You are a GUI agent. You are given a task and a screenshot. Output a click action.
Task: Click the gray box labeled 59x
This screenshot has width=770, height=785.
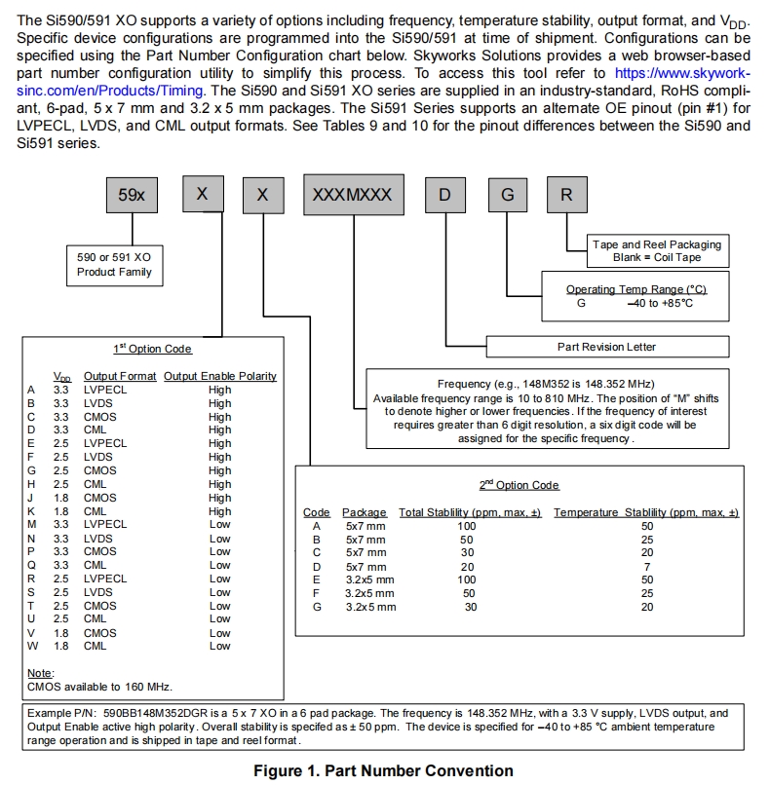click(132, 195)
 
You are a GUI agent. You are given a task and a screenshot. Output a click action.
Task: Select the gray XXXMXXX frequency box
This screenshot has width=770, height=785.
click(352, 195)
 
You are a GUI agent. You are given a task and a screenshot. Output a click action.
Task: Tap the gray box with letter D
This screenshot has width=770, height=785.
click(444, 195)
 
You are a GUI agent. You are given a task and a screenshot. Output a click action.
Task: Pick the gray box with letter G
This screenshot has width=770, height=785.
click(507, 195)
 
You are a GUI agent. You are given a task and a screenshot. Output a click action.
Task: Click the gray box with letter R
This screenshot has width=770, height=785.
click(566, 195)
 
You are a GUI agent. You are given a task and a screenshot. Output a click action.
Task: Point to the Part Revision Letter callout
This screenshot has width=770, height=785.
click(606, 346)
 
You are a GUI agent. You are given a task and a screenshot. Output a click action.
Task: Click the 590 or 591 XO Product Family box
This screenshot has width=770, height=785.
click(114, 264)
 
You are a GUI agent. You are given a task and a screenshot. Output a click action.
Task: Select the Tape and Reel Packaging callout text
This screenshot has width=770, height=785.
click(657, 244)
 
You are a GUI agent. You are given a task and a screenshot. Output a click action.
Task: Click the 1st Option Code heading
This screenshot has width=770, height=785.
click(152, 349)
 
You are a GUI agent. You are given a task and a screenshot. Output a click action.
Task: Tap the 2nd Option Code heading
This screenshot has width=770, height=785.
click(519, 485)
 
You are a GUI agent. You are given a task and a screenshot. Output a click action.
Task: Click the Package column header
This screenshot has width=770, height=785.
click(366, 512)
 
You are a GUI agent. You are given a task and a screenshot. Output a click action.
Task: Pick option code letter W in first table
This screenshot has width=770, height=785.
click(32, 646)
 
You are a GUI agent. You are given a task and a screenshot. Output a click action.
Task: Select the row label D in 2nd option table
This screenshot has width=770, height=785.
click(316, 567)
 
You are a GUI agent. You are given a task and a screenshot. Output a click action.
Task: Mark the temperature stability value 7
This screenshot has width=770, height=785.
click(646, 567)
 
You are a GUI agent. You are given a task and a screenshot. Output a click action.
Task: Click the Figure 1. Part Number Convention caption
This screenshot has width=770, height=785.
click(383, 771)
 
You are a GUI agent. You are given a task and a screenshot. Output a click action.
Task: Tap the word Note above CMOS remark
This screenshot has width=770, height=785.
click(40, 673)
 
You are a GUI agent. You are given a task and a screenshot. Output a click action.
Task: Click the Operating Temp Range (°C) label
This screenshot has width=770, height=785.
click(635, 289)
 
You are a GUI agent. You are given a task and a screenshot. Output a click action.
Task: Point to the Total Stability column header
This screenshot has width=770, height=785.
click(470, 512)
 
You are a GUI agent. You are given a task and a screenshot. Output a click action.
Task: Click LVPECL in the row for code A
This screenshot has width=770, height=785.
click(105, 390)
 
